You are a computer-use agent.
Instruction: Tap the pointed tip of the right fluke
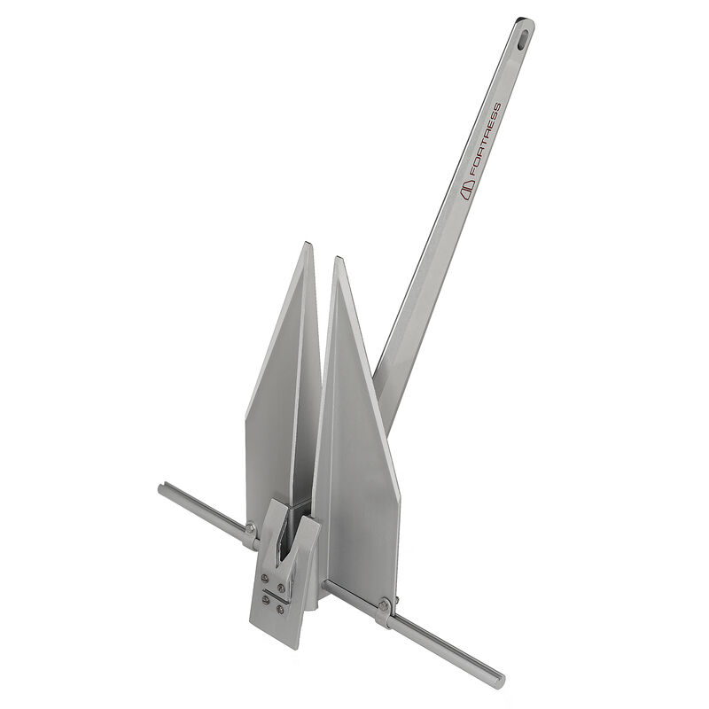point(336,259)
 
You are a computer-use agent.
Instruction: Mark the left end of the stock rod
point(161,488)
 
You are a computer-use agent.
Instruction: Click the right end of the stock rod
point(501,682)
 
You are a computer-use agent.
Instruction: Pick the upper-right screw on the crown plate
point(283,586)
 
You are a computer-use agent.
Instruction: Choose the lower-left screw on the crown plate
point(264,600)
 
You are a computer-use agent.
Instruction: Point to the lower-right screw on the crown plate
point(280,608)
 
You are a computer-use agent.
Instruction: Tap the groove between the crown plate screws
point(273,594)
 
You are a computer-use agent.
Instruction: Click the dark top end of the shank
point(519,20)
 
